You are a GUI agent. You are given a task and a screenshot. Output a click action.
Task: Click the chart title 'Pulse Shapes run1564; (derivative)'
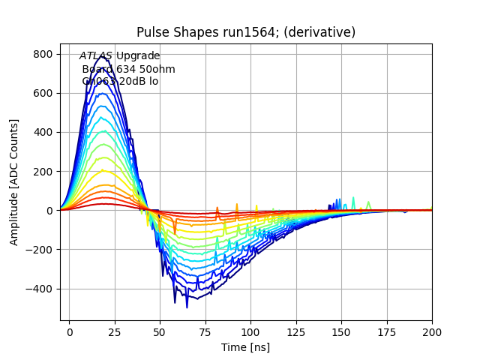coord(246,32)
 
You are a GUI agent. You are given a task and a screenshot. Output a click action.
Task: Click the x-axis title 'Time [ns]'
coord(246,347)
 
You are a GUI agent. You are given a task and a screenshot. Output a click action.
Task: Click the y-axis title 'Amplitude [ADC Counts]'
coord(14,181)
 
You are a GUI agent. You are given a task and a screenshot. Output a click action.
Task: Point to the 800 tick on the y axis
coord(42,54)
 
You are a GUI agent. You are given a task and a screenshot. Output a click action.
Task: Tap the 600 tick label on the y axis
coord(42,93)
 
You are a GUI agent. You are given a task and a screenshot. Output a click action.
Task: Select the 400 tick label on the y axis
coord(42,132)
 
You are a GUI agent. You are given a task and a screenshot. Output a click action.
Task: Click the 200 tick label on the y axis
coord(42,172)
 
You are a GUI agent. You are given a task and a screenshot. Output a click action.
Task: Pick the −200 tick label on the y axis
coord(39,250)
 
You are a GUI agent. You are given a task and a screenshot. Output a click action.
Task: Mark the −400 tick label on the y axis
coord(39,289)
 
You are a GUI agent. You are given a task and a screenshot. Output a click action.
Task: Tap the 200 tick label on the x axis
coord(431,331)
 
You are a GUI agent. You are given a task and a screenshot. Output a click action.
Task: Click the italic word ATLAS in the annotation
coord(96,56)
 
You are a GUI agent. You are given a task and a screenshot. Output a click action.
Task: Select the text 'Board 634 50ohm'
coord(128,69)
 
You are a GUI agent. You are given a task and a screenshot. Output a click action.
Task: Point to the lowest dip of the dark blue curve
coord(187,307)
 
